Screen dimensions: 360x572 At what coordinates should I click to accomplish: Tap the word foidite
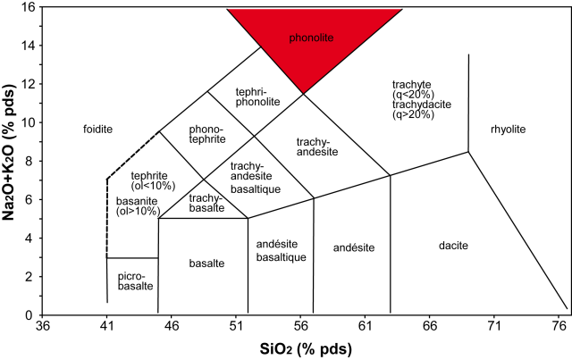(97, 130)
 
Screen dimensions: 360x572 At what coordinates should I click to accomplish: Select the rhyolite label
(508, 130)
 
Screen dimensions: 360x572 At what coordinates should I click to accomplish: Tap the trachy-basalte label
(206, 204)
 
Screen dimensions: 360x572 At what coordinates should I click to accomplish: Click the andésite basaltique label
(281, 251)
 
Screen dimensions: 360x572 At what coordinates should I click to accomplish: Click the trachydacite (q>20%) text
(421, 111)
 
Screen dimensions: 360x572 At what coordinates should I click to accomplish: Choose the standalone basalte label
(206, 263)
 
